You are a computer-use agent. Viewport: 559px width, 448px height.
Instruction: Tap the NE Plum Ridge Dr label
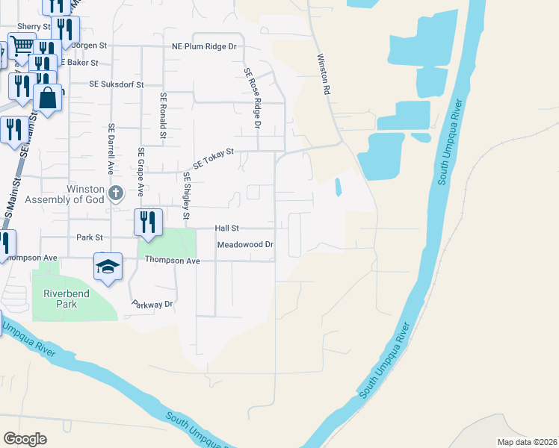coord(203,46)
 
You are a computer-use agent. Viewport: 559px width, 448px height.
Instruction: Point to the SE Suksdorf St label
coord(116,85)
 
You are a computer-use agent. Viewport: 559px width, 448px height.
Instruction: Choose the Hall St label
coord(226,228)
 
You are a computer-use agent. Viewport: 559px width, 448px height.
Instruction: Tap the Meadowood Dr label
coord(245,244)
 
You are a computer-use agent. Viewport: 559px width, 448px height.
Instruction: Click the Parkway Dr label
coord(152,305)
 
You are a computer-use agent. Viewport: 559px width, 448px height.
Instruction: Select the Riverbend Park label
coord(66,299)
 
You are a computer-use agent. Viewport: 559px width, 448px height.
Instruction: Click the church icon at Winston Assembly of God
coord(115,194)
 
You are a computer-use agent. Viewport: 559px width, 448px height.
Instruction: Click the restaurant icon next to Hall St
coord(147,222)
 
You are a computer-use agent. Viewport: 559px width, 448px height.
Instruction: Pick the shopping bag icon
coord(48,98)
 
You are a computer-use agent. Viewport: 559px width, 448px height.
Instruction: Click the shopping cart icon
coord(22,46)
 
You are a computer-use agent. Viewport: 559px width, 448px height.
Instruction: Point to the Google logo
coord(25,439)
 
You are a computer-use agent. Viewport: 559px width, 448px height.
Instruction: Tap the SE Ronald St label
coord(161,116)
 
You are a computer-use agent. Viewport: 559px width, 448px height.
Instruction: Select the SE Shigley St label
coord(187,191)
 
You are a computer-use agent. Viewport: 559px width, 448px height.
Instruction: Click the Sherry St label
coord(34,26)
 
